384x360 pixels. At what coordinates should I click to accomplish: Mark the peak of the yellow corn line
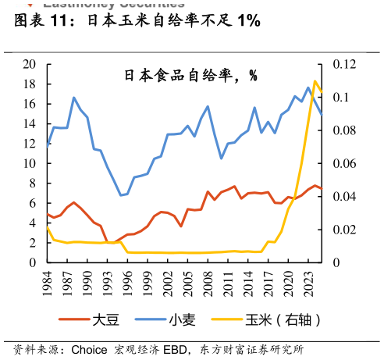(x=315, y=80)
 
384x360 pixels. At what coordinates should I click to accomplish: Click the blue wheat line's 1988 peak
(x=74, y=98)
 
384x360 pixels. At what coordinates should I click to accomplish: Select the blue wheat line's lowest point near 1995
(x=121, y=195)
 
